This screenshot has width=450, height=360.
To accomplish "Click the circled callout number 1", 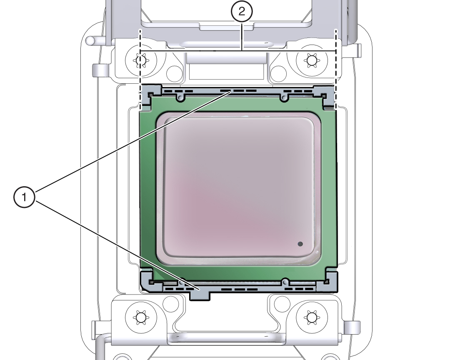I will tap(25, 197).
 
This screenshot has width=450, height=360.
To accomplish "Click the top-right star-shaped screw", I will tap(311, 61).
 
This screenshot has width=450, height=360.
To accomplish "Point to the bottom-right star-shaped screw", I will tap(311, 318).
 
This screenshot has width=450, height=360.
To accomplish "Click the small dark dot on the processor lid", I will tap(300, 244).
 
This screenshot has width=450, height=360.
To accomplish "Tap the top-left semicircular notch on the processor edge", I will tap(180, 97).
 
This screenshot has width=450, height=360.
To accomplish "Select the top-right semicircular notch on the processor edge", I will tap(284, 97).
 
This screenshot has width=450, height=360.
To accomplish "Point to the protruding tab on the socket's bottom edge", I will tap(200, 295).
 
